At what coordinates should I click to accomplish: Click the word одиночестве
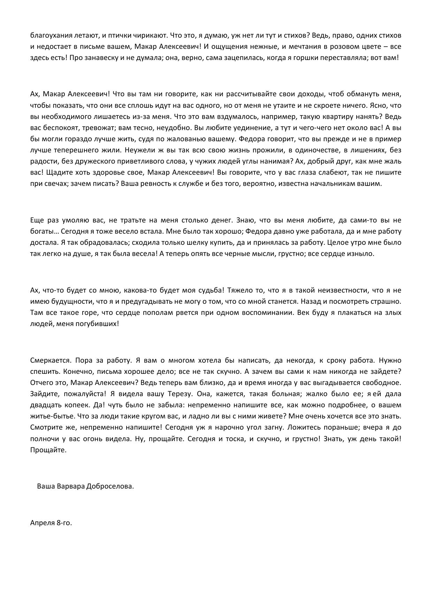(303, 150)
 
